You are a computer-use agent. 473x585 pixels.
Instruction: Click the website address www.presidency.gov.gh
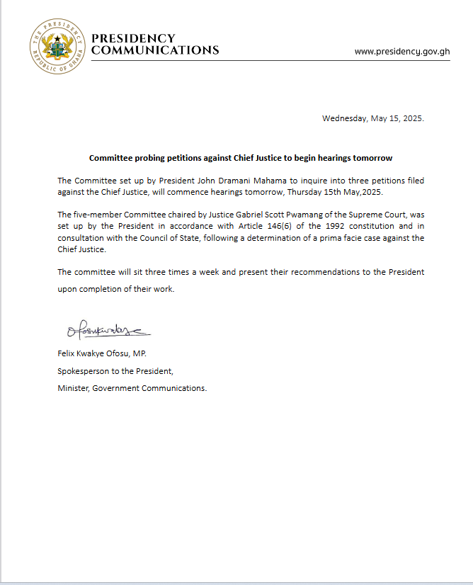401,52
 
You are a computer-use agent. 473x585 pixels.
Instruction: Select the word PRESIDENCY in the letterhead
134,38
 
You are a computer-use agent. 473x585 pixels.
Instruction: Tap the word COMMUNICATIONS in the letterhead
155,50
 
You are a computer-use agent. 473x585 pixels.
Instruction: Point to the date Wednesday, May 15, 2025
372,118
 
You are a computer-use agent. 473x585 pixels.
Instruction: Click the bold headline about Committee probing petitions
240,157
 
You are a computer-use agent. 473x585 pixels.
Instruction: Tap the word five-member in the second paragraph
99,215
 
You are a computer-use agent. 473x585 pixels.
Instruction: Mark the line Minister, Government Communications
132,388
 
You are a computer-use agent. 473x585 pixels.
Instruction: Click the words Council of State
152,238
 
